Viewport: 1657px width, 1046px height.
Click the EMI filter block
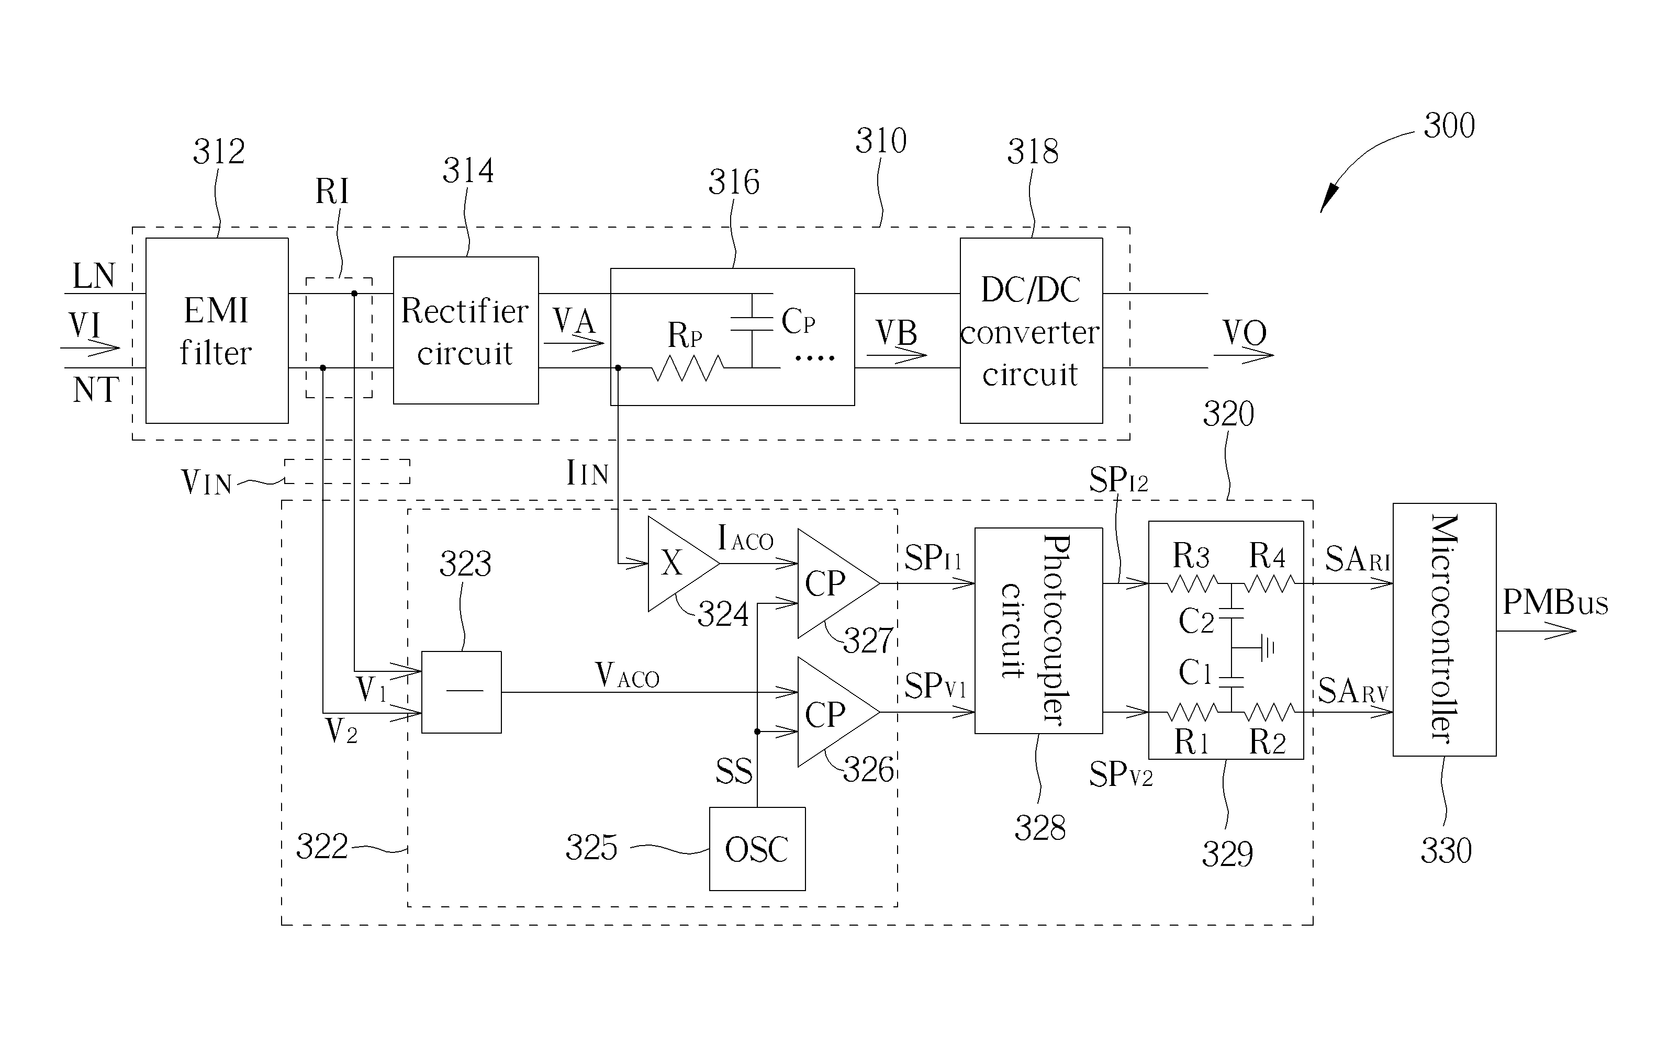[216, 330]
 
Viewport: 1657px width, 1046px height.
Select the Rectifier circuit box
[465, 330]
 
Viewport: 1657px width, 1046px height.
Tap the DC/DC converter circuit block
[1031, 330]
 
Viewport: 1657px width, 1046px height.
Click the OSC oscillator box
[757, 849]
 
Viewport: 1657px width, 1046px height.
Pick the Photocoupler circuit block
[1038, 631]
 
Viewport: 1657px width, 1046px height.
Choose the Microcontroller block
[1443, 629]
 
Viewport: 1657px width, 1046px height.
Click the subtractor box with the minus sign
[461, 692]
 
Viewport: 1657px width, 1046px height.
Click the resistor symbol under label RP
[687, 369]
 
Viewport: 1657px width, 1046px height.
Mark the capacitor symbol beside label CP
[752, 324]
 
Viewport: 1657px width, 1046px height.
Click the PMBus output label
[1554, 603]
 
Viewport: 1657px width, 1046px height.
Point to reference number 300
[1449, 126]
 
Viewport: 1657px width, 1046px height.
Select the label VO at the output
[1244, 333]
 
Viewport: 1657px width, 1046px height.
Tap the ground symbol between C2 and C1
[1266, 647]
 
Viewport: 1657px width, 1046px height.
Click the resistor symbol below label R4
[1268, 584]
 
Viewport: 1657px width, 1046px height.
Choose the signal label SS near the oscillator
[734, 771]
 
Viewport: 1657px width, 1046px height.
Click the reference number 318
[1032, 151]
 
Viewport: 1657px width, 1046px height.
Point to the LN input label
[94, 276]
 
